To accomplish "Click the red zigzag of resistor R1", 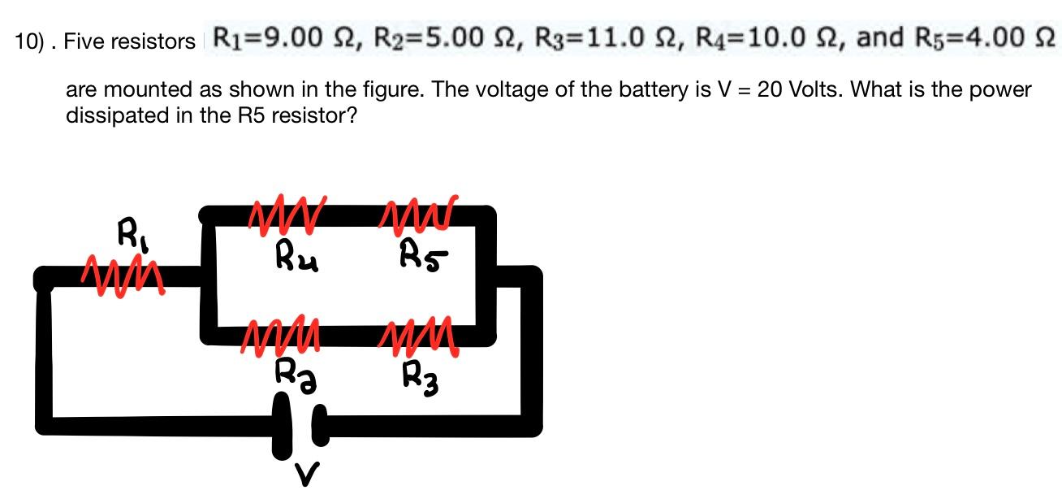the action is (x=123, y=276).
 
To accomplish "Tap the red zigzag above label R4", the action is (x=287, y=215).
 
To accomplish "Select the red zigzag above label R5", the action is (x=419, y=215).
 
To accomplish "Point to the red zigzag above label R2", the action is (x=281, y=335).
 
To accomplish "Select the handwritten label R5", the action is (x=423, y=255).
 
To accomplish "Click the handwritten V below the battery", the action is (x=307, y=474).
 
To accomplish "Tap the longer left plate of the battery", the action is (x=282, y=426).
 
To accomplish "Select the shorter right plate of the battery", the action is (x=321, y=425).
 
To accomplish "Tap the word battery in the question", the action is (x=654, y=89).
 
